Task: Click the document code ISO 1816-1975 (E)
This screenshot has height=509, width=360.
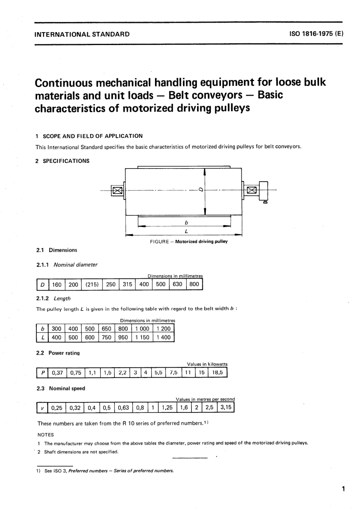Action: pyautogui.click(x=316, y=34)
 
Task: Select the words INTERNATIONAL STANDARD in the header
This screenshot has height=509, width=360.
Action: pyautogui.click(x=82, y=34)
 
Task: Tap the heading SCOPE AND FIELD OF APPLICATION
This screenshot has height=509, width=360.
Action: pyautogui.click(x=92, y=136)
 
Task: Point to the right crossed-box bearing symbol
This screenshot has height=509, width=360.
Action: pyautogui.click(x=251, y=190)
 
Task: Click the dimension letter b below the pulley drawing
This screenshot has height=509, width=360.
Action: pyautogui.click(x=186, y=223)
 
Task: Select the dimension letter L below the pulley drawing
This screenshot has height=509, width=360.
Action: pyautogui.click(x=186, y=231)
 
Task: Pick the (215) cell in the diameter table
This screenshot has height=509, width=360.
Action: pyautogui.click(x=92, y=284)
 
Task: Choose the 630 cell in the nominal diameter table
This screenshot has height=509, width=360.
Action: pyautogui.click(x=177, y=284)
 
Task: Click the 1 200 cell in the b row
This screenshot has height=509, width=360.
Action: pyautogui.click(x=163, y=329)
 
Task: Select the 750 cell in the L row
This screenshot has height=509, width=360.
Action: pyautogui.click(x=106, y=337)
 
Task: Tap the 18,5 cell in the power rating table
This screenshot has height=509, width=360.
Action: pyautogui.click(x=218, y=373)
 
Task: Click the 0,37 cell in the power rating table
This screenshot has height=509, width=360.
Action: pyautogui.click(x=58, y=373)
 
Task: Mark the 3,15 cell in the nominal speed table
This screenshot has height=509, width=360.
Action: pyautogui.click(x=225, y=408)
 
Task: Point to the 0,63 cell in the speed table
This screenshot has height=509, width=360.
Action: pyautogui.click(x=123, y=408)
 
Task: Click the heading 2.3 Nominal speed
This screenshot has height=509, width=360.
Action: pyautogui.click(x=61, y=389)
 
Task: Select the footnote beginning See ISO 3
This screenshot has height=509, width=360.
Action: pyautogui.click(x=109, y=471)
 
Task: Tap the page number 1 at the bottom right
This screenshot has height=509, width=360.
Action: pyautogui.click(x=343, y=489)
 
